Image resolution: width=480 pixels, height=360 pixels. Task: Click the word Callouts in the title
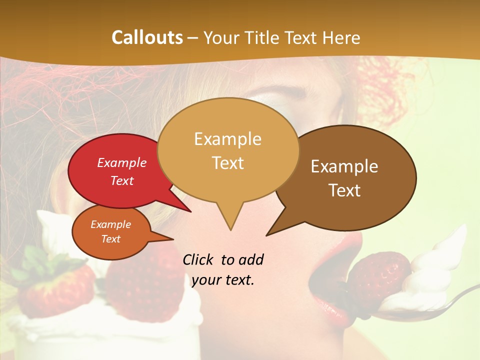tap(147, 38)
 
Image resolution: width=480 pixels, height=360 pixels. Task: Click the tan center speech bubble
tap(228, 150)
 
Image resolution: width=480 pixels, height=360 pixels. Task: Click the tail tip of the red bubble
tap(191, 212)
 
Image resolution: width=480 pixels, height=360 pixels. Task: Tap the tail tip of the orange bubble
tap(173, 239)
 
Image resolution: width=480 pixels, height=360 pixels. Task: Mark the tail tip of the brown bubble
tap(266, 235)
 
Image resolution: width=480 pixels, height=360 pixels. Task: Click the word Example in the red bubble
tap(122, 163)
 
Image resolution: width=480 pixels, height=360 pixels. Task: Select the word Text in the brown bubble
tap(345, 190)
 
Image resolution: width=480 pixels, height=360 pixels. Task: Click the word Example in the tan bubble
tap(227, 139)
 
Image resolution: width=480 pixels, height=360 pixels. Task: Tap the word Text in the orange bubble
tap(111, 239)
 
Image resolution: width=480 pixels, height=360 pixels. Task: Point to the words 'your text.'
tap(223, 280)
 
